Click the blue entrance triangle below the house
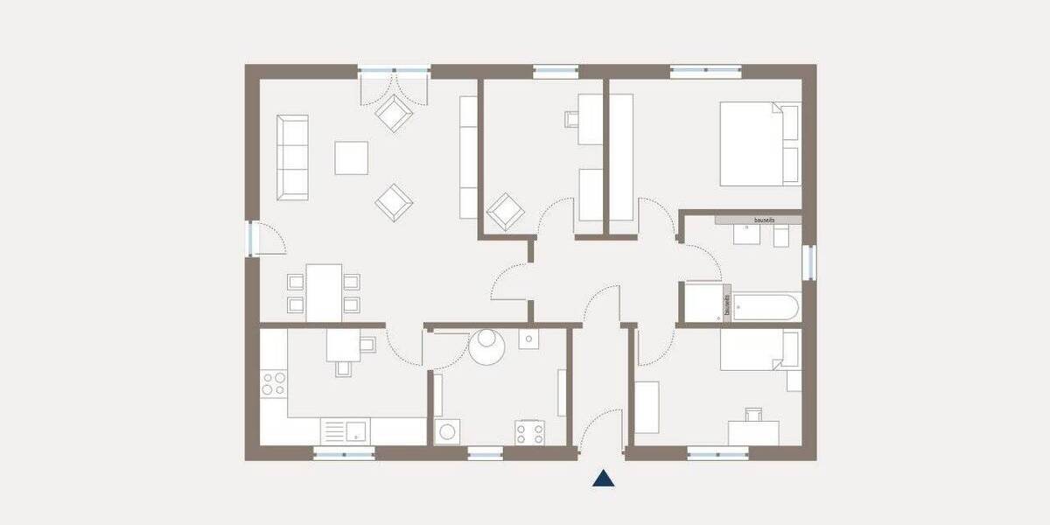(x=603, y=478)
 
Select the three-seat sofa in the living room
(x=293, y=156)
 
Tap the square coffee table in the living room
(x=352, y=157)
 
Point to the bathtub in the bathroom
(x=765, y=308)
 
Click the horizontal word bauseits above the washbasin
(x=758, y=219)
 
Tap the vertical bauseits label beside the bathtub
(x=726, y=304)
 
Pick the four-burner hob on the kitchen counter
(x=273, y=383)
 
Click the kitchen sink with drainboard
(x=346, y=430)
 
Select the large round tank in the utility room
(x=486, y=346)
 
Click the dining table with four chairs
(x=324, y=292)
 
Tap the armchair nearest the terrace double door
(x=394, y=113)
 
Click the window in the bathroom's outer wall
(x=808, y=262)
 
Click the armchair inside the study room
(x=505, y=212)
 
